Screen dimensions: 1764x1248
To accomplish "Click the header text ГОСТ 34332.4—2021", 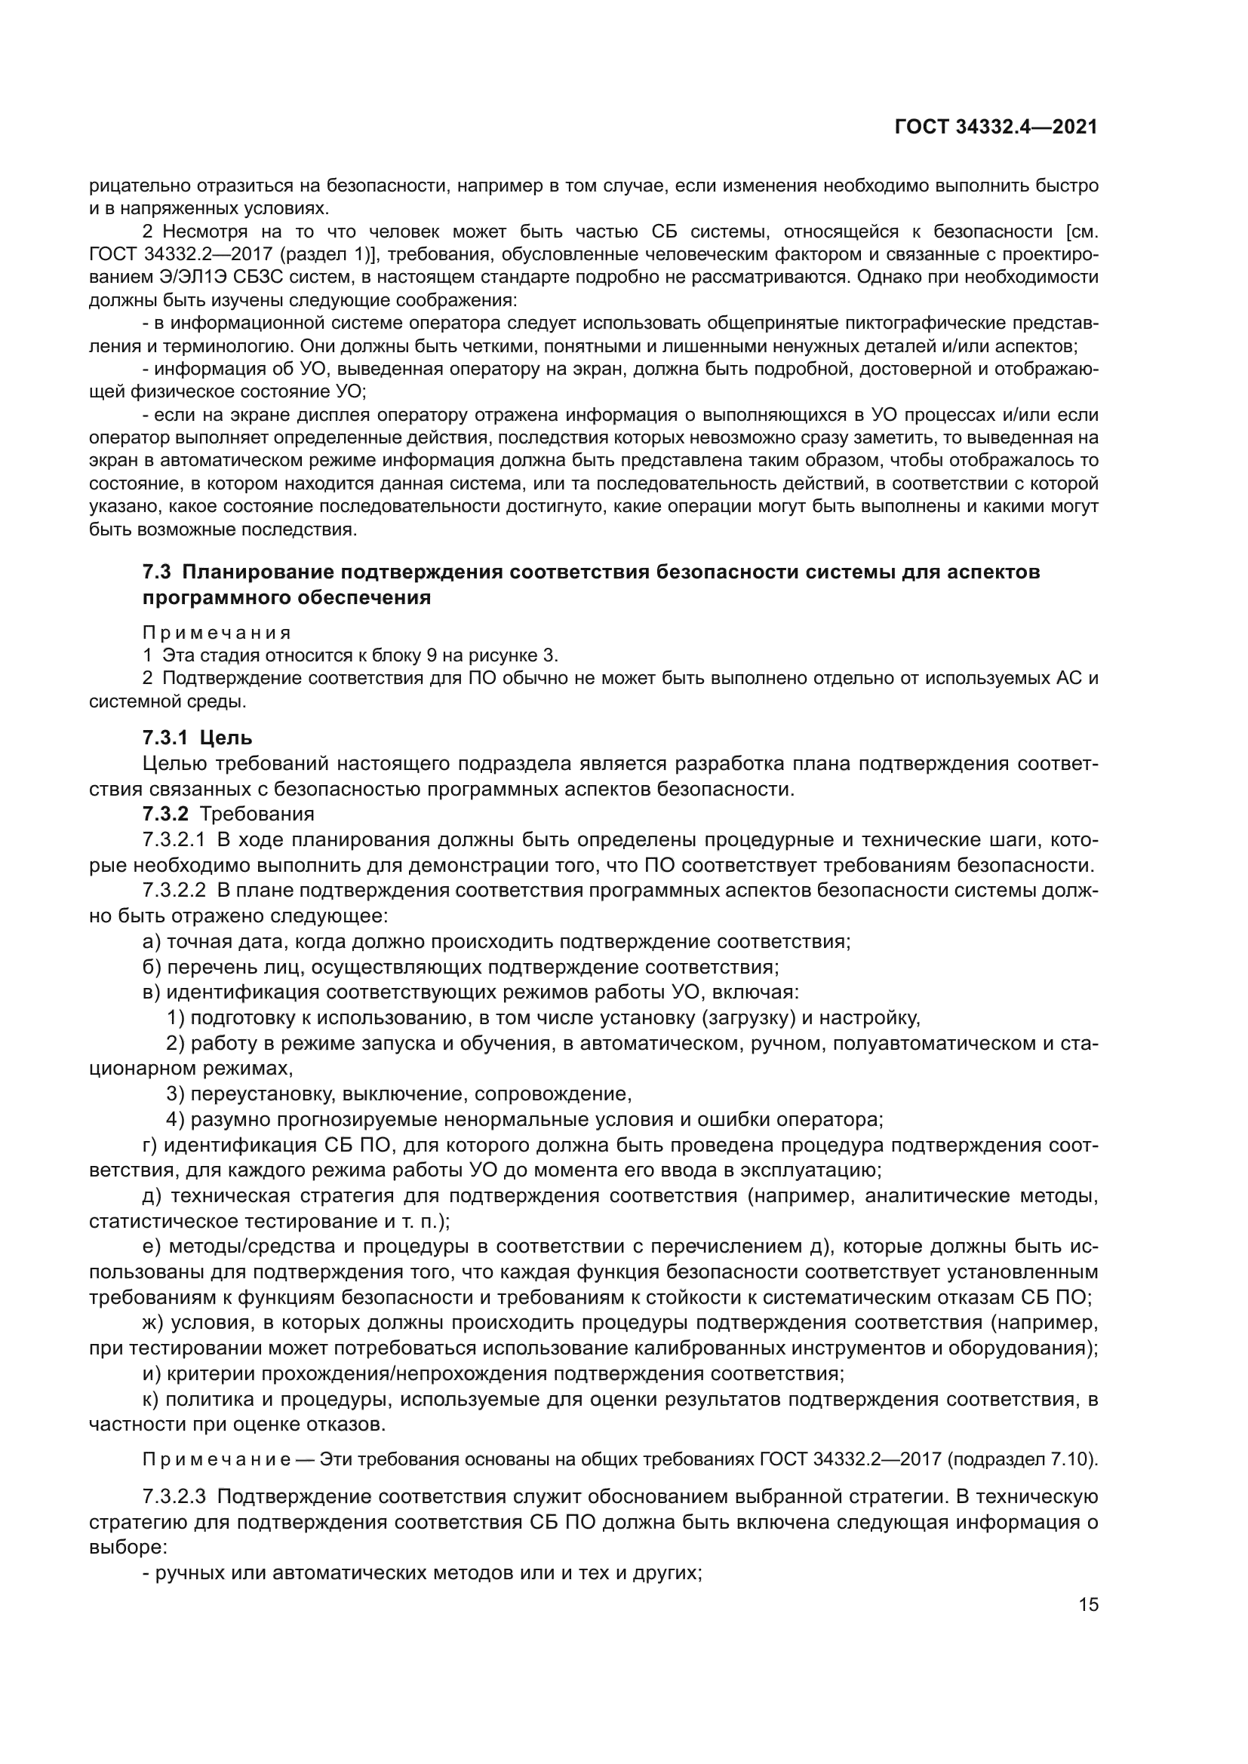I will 996,127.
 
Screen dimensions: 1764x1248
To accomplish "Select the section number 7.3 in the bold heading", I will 156,572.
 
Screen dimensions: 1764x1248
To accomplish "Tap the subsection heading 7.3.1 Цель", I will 197,738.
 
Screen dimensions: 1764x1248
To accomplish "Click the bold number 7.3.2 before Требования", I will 165,814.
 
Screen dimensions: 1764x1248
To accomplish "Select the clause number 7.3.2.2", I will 174,891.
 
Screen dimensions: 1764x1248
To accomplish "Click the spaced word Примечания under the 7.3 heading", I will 217,633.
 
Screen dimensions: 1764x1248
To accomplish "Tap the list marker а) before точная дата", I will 152,941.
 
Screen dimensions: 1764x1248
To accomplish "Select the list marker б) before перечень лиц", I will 152,967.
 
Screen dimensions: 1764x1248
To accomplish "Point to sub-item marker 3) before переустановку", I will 175,1094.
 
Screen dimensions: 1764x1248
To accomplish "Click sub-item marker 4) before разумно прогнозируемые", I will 175,1118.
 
